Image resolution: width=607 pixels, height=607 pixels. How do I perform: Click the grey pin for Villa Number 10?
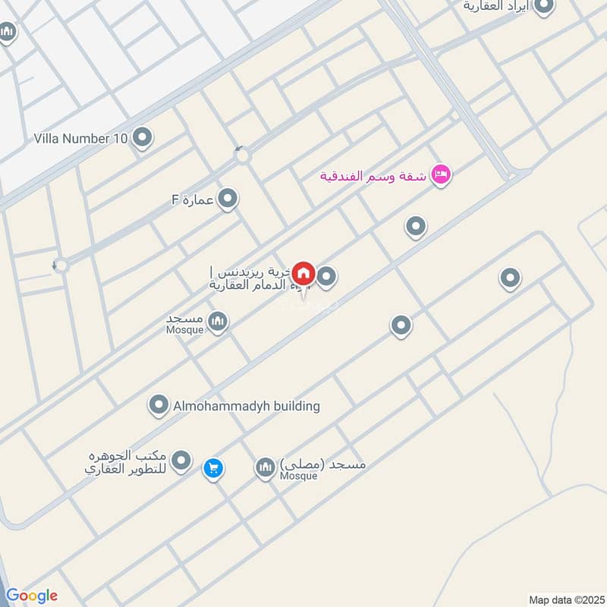[x=142, y=138]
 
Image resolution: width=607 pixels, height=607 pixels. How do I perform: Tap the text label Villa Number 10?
[x=81, y=139]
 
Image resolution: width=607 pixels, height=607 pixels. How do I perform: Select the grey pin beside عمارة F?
[x=228, y=200]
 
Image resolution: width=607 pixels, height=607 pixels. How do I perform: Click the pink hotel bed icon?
[x=440, y=176]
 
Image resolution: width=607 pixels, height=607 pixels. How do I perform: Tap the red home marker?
[x=304, y=273]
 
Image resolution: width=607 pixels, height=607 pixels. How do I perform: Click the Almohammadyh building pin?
[x=159, y=406]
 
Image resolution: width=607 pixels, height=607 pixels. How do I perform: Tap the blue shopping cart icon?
[x=213, y=468]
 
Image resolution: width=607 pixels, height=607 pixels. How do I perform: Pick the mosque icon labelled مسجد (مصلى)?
[x=265, y=467]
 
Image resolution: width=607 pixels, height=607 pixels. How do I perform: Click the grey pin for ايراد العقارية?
[x=544, y=7]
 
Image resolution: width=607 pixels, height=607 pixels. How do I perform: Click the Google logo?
[x=32, y=596]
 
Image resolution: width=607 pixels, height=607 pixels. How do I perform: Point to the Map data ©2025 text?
[x=565, y=599]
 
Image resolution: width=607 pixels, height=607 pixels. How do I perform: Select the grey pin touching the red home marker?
[x=326, y=277]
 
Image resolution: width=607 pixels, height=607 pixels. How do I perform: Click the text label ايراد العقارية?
[x=498, y=6]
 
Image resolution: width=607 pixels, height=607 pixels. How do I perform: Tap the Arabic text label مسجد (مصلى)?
[x=323, y=463]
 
